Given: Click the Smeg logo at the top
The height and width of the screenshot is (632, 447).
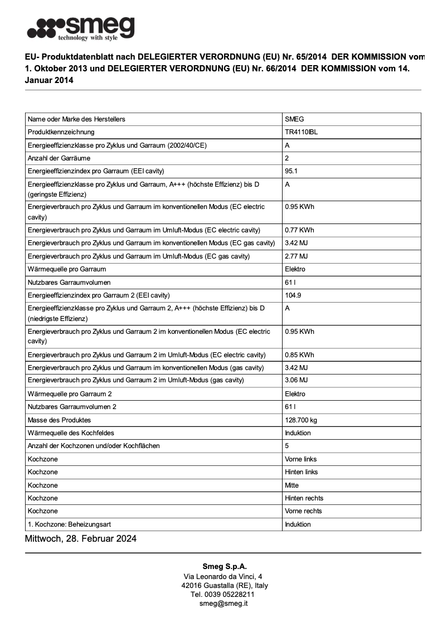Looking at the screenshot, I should (81, 28).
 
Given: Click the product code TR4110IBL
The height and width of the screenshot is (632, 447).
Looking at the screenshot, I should (301, 132).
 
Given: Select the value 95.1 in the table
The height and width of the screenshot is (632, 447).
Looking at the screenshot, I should (291, 171).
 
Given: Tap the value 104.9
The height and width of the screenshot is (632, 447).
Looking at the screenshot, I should (293, 295).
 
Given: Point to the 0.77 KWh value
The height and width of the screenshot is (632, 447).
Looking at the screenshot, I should (299, 230).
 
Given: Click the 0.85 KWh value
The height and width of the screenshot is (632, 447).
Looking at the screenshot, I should (299, 355).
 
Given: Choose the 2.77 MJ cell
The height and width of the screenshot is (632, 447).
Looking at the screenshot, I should (296, 256).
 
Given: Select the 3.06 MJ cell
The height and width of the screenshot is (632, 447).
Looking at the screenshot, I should (296, 380).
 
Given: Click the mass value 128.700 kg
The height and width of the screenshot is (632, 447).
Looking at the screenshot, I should (300, 420).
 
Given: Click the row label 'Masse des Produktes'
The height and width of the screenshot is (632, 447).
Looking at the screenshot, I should (59, 420).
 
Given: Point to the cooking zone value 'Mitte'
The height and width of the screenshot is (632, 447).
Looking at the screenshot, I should (291, 485).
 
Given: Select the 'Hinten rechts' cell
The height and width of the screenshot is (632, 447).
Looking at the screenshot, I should (304, 498).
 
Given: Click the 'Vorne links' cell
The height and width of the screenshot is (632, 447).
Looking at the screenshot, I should (301, 459).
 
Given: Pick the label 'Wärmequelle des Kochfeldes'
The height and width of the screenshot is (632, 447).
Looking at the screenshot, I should (71, 433).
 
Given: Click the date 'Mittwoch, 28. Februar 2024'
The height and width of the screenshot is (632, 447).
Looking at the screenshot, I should (81, 539).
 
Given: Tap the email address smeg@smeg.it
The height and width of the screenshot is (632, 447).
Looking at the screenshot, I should (223, 604).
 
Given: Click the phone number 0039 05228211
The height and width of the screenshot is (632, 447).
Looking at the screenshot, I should (231, 595).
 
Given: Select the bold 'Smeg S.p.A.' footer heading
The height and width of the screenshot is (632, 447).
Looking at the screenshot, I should (223, 567).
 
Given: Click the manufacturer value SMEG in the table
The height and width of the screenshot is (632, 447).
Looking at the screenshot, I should (294, 119).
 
